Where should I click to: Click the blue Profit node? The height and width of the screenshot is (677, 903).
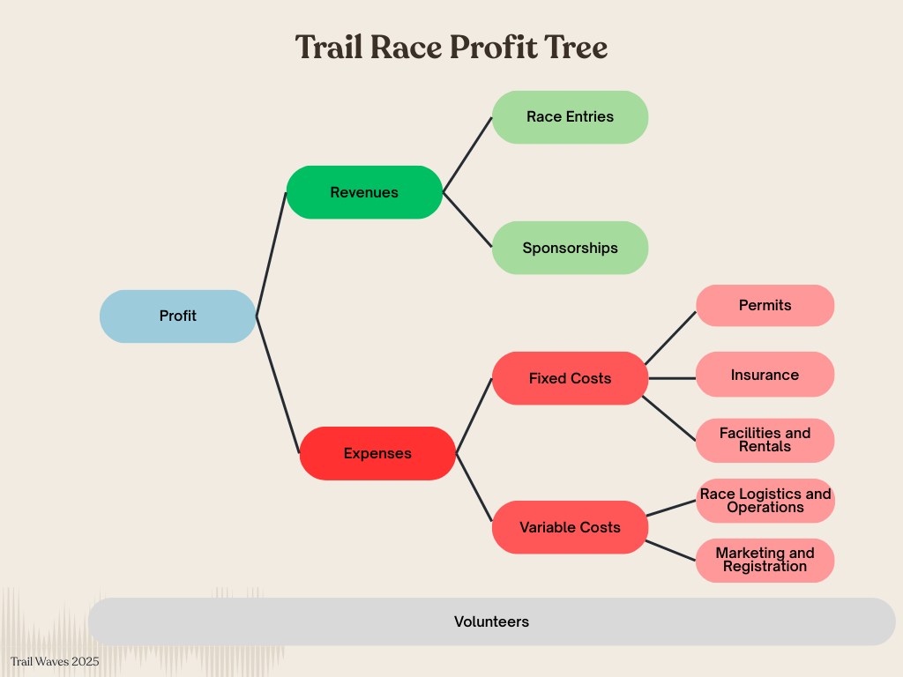pos(177,316)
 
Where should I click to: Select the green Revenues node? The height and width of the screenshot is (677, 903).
pos(364,192)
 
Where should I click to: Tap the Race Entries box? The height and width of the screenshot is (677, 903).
pos(570,116)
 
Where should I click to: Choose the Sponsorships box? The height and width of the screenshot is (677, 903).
pos(570,248)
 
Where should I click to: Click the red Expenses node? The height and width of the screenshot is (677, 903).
pos(377,453)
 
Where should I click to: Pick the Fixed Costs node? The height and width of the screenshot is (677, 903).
pos(570,378)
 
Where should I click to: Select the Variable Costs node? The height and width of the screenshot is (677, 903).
pos(570,527)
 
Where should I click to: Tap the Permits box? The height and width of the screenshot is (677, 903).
pos(765,305)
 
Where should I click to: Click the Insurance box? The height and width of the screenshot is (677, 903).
pos(765,375)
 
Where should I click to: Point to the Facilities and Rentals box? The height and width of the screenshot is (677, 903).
pos(765,440)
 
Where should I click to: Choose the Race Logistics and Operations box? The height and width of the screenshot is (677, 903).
pos(765,501)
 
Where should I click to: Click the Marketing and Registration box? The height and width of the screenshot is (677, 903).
pos(765,560)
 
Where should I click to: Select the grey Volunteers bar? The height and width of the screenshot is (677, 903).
pos(491,621)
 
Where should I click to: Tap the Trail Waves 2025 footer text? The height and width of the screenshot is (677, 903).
pos(55,661)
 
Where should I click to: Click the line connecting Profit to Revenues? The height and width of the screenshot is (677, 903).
pos(272,254)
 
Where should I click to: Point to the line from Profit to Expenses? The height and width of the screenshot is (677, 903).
pos(278,383)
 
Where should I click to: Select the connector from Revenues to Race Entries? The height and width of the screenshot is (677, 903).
pos(467,154)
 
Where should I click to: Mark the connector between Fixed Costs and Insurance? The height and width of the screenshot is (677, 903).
pos(672,378)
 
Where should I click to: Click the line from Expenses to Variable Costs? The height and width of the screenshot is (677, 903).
pos(474,489)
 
